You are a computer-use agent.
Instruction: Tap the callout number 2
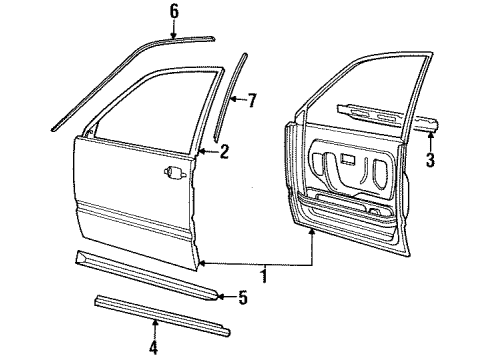coord(224,152)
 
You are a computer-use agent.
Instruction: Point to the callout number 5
coord(243,296)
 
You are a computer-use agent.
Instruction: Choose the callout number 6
coord(174,11)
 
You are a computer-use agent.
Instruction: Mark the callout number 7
coord(251,99)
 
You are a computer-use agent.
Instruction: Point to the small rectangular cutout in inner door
coord(346,160)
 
